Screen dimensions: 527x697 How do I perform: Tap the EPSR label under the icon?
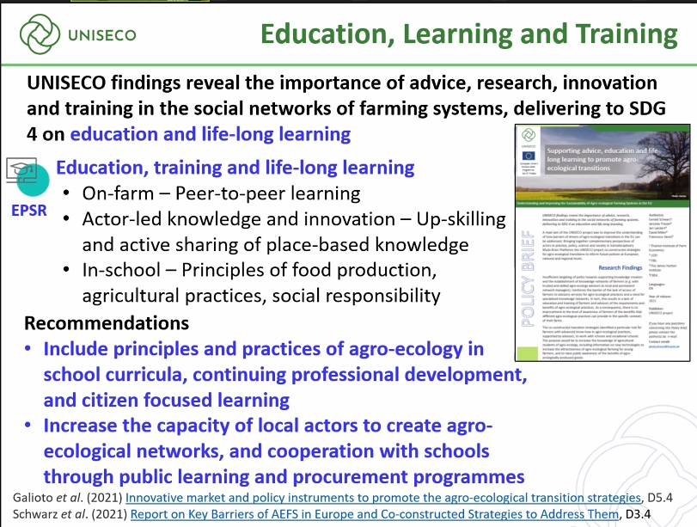pyautogui.click(x=29, y=209)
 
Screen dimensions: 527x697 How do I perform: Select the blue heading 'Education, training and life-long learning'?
pyautogui.click(x=235, y=168)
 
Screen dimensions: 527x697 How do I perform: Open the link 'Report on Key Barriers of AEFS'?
pyautogui.click(x=374, y=514)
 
